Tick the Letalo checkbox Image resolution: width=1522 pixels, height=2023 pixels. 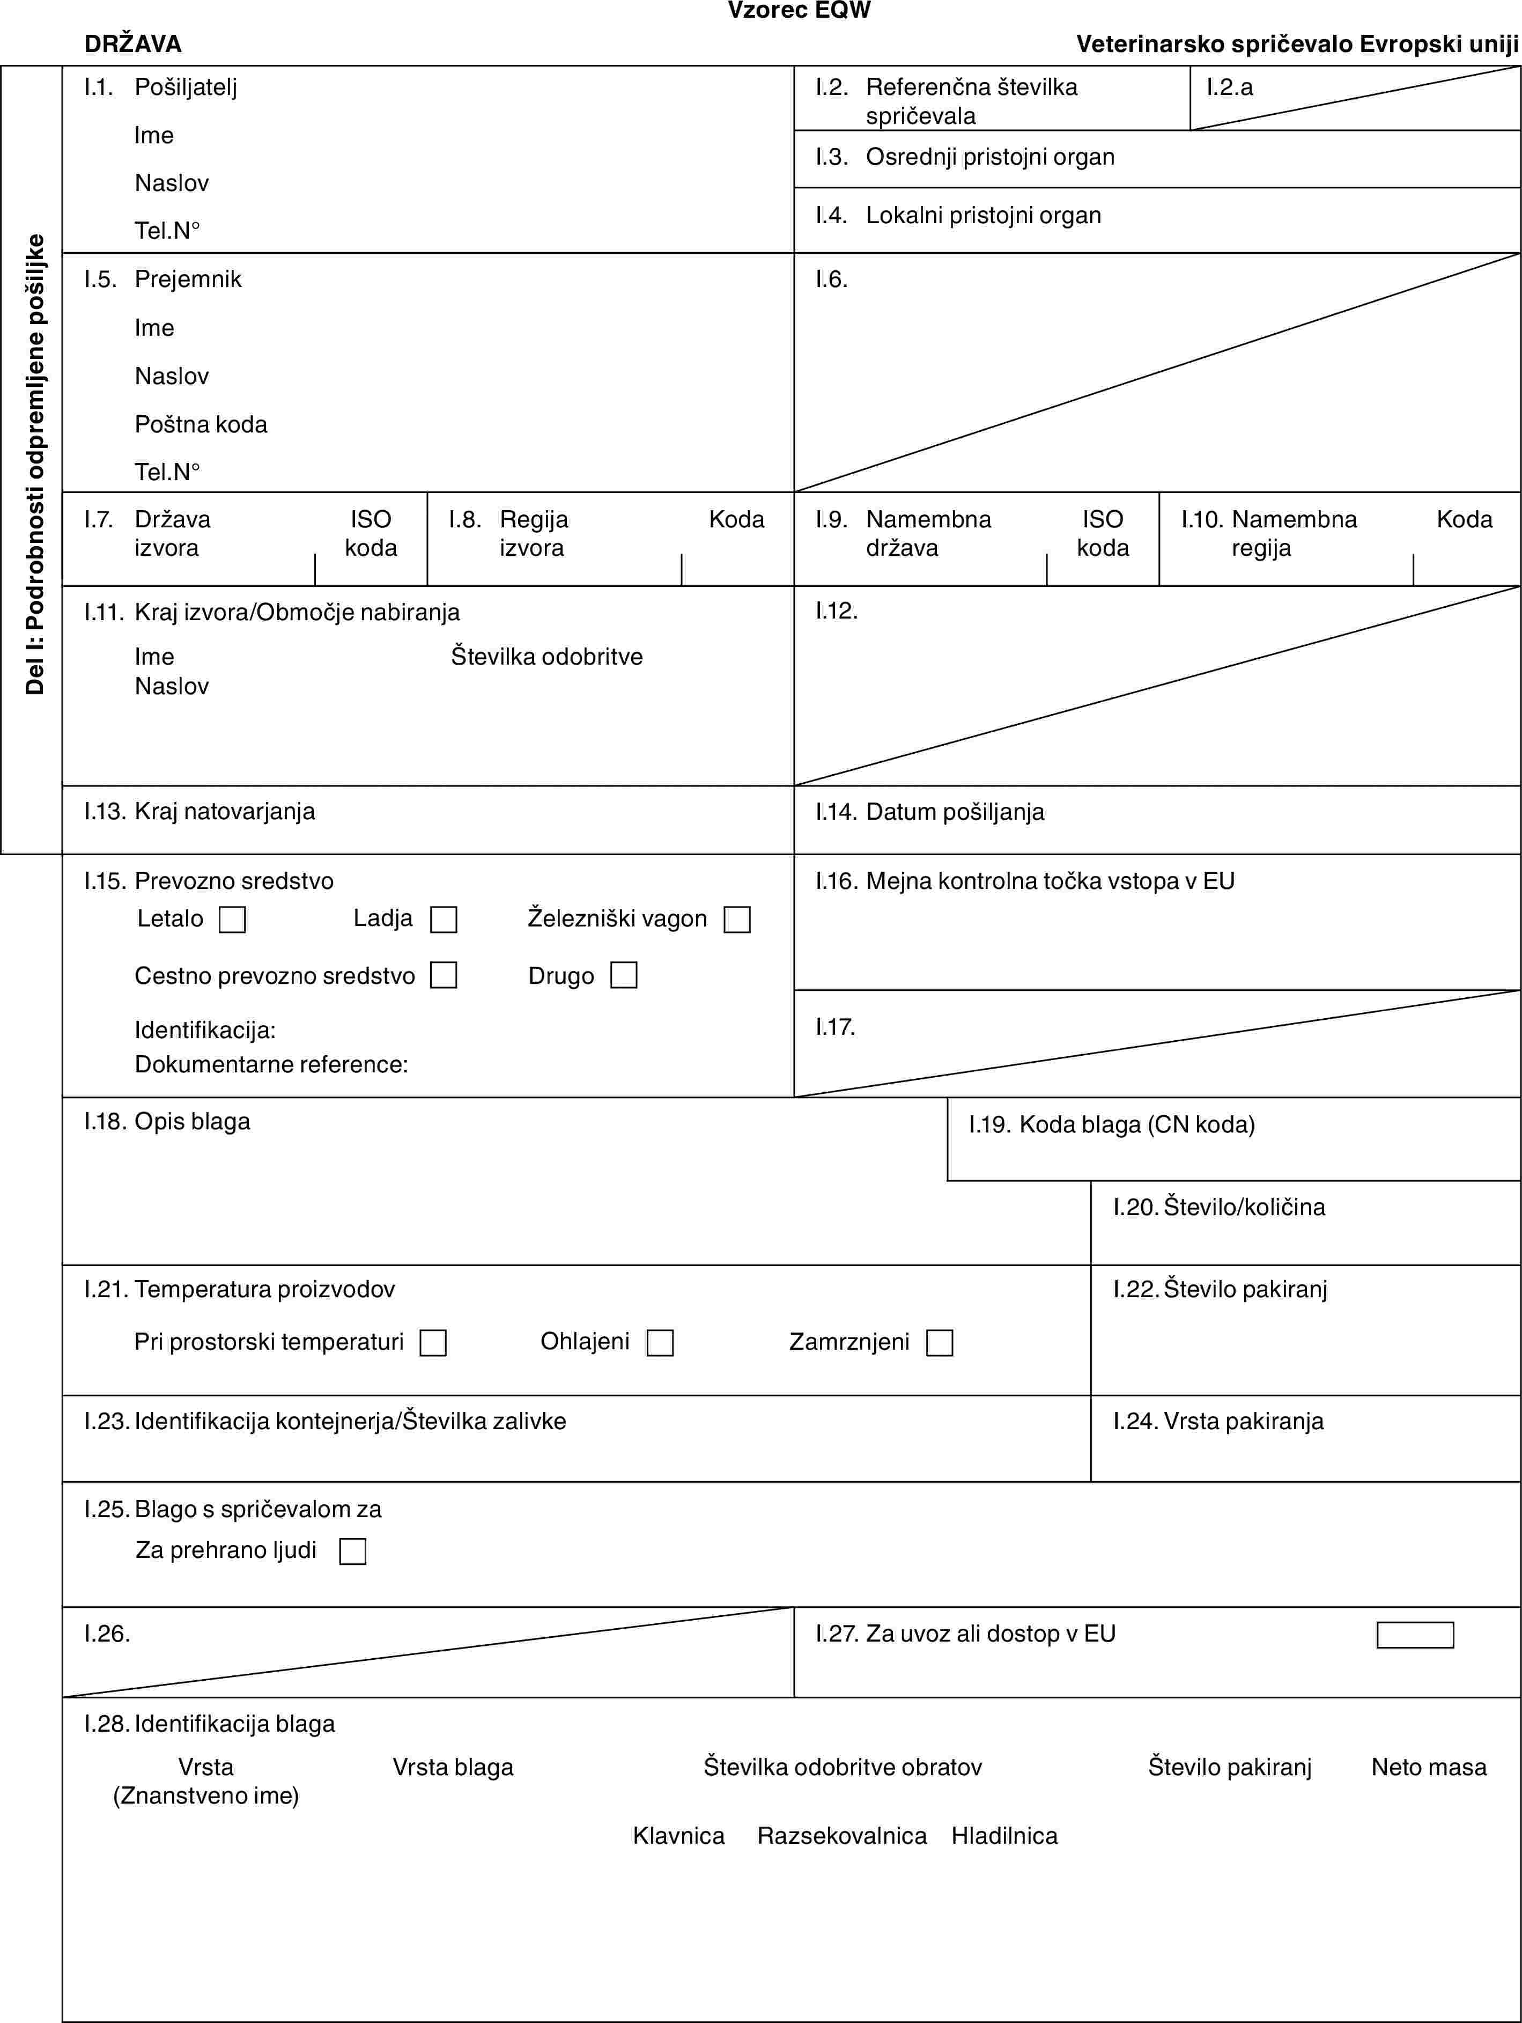pyautogui.click(x=232, y=919)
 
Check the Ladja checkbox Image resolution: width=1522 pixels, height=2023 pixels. pyautogui.click(x=444, y=919)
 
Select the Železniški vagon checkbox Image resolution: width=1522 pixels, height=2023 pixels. pyautogui.click(x=737, y=919)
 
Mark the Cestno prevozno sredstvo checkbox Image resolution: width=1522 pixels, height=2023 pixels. pyautogui.click(x=444, y=975)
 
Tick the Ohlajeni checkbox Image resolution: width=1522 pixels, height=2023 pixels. pyautogui.click(x=660, y=1343)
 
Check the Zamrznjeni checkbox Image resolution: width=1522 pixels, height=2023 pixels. pyautogui.click(x=940, y=1343)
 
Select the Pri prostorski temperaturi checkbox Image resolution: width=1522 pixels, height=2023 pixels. pyautogui.click(x=433, y=1343)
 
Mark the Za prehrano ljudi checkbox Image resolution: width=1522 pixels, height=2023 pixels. pyautogui.click(x=353, y=1551)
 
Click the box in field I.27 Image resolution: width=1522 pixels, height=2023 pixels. pyautogui.click(x=1415, y=1634)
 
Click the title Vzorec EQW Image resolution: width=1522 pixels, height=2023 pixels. pyautogui.click(x=799, y=11)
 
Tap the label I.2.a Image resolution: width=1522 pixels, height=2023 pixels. pyautogui.click(x=1230, y=87)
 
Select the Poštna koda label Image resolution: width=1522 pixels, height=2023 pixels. pyautogui.click(x=201, y=424)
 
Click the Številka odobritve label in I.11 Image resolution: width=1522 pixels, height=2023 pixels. pyautogui.click(x=546, y=657)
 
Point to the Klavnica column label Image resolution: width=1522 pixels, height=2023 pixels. pyautogui.click(x=678, y=1836)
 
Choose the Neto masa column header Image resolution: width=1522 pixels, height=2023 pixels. pyautogui.click(x=1429, y=1767)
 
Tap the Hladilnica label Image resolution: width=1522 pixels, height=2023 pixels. pyautogui.click(x=1004, y=1836)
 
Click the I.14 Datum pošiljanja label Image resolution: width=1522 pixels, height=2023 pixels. pyautogui.click(x=929, y=811)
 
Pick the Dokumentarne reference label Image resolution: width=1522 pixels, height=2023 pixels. pyautogui.click(x=271, y=1064)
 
